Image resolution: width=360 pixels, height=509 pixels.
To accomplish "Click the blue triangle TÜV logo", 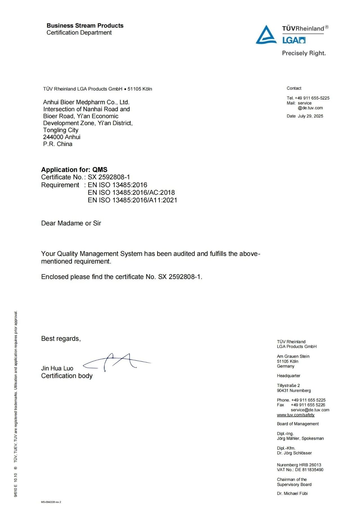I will coord(266,35).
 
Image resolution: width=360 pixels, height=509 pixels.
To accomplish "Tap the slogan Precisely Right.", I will coord(304,53).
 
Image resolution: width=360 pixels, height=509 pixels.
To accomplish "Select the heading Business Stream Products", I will coord(85,26).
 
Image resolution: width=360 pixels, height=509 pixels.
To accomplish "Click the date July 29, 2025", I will coord(310,116).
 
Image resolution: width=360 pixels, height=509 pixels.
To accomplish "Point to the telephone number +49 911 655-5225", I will coord(312,98).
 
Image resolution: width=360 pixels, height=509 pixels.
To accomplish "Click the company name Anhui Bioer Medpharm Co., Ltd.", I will coord(86,102).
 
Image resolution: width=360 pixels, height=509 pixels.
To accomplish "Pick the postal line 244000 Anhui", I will coord(62,137).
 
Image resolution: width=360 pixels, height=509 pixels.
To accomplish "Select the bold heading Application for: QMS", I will coord(74,170).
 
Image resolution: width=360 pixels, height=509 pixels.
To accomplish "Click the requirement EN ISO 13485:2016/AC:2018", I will coord(131,193).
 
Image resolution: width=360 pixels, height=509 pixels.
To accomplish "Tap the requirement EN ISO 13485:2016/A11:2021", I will coord(132,200).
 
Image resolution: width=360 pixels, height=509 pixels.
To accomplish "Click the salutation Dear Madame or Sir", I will coord(71,223).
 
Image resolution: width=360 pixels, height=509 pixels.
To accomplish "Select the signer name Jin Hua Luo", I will coord(57,368).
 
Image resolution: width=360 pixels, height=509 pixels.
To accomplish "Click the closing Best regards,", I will coord(61,339).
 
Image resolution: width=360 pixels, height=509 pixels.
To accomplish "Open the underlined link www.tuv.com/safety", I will coord(296,415).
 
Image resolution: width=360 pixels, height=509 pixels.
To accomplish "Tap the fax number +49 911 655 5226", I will coord(308,405).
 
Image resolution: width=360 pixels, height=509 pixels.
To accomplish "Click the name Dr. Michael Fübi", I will coord(292,493).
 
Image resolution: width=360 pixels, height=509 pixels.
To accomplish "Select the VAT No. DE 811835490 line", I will coord(300,470).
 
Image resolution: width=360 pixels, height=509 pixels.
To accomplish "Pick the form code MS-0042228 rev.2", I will coord(51,502).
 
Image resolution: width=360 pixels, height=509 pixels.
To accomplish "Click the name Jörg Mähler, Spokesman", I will coord(300,438).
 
